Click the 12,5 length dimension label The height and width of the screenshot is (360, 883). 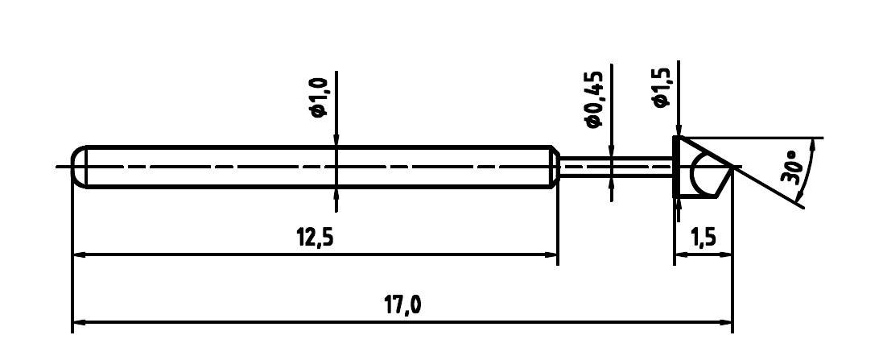pyautogui.click(x=315, y=238)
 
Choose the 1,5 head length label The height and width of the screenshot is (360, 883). pyautogui.click(x=703, y=238)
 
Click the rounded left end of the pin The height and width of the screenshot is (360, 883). pyautogui.click(x=77, y=167)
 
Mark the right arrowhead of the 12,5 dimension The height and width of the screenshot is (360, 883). pyautogui.click(x=551, y=254)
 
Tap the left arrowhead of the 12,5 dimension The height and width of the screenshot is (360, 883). pyautogui.click(x=79, y=254)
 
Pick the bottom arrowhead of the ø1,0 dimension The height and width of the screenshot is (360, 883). pyautogui.click(x=336, y=193)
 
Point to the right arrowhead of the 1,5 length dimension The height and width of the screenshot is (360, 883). pyautogui.click(x=727, y=254)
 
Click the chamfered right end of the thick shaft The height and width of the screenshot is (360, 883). pyautogui.click(x=555, y=167)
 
